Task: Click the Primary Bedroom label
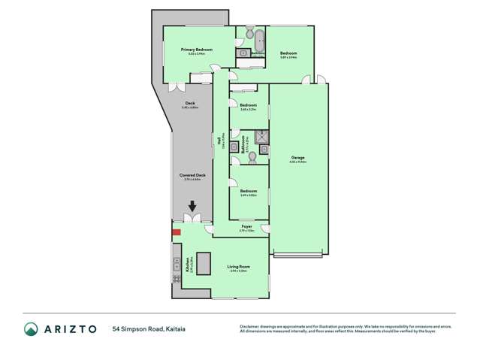coord(197,50)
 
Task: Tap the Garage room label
coord(298,157)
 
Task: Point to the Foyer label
coord(246,226)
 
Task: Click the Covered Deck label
coord(195,175)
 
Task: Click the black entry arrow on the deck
coord(192,207)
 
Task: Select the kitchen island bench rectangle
coord(204,264)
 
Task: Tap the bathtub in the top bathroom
coord(260,38)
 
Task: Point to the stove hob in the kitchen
coord(177,279)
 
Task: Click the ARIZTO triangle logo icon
coord(31,329)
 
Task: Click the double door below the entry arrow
coord(192,219)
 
